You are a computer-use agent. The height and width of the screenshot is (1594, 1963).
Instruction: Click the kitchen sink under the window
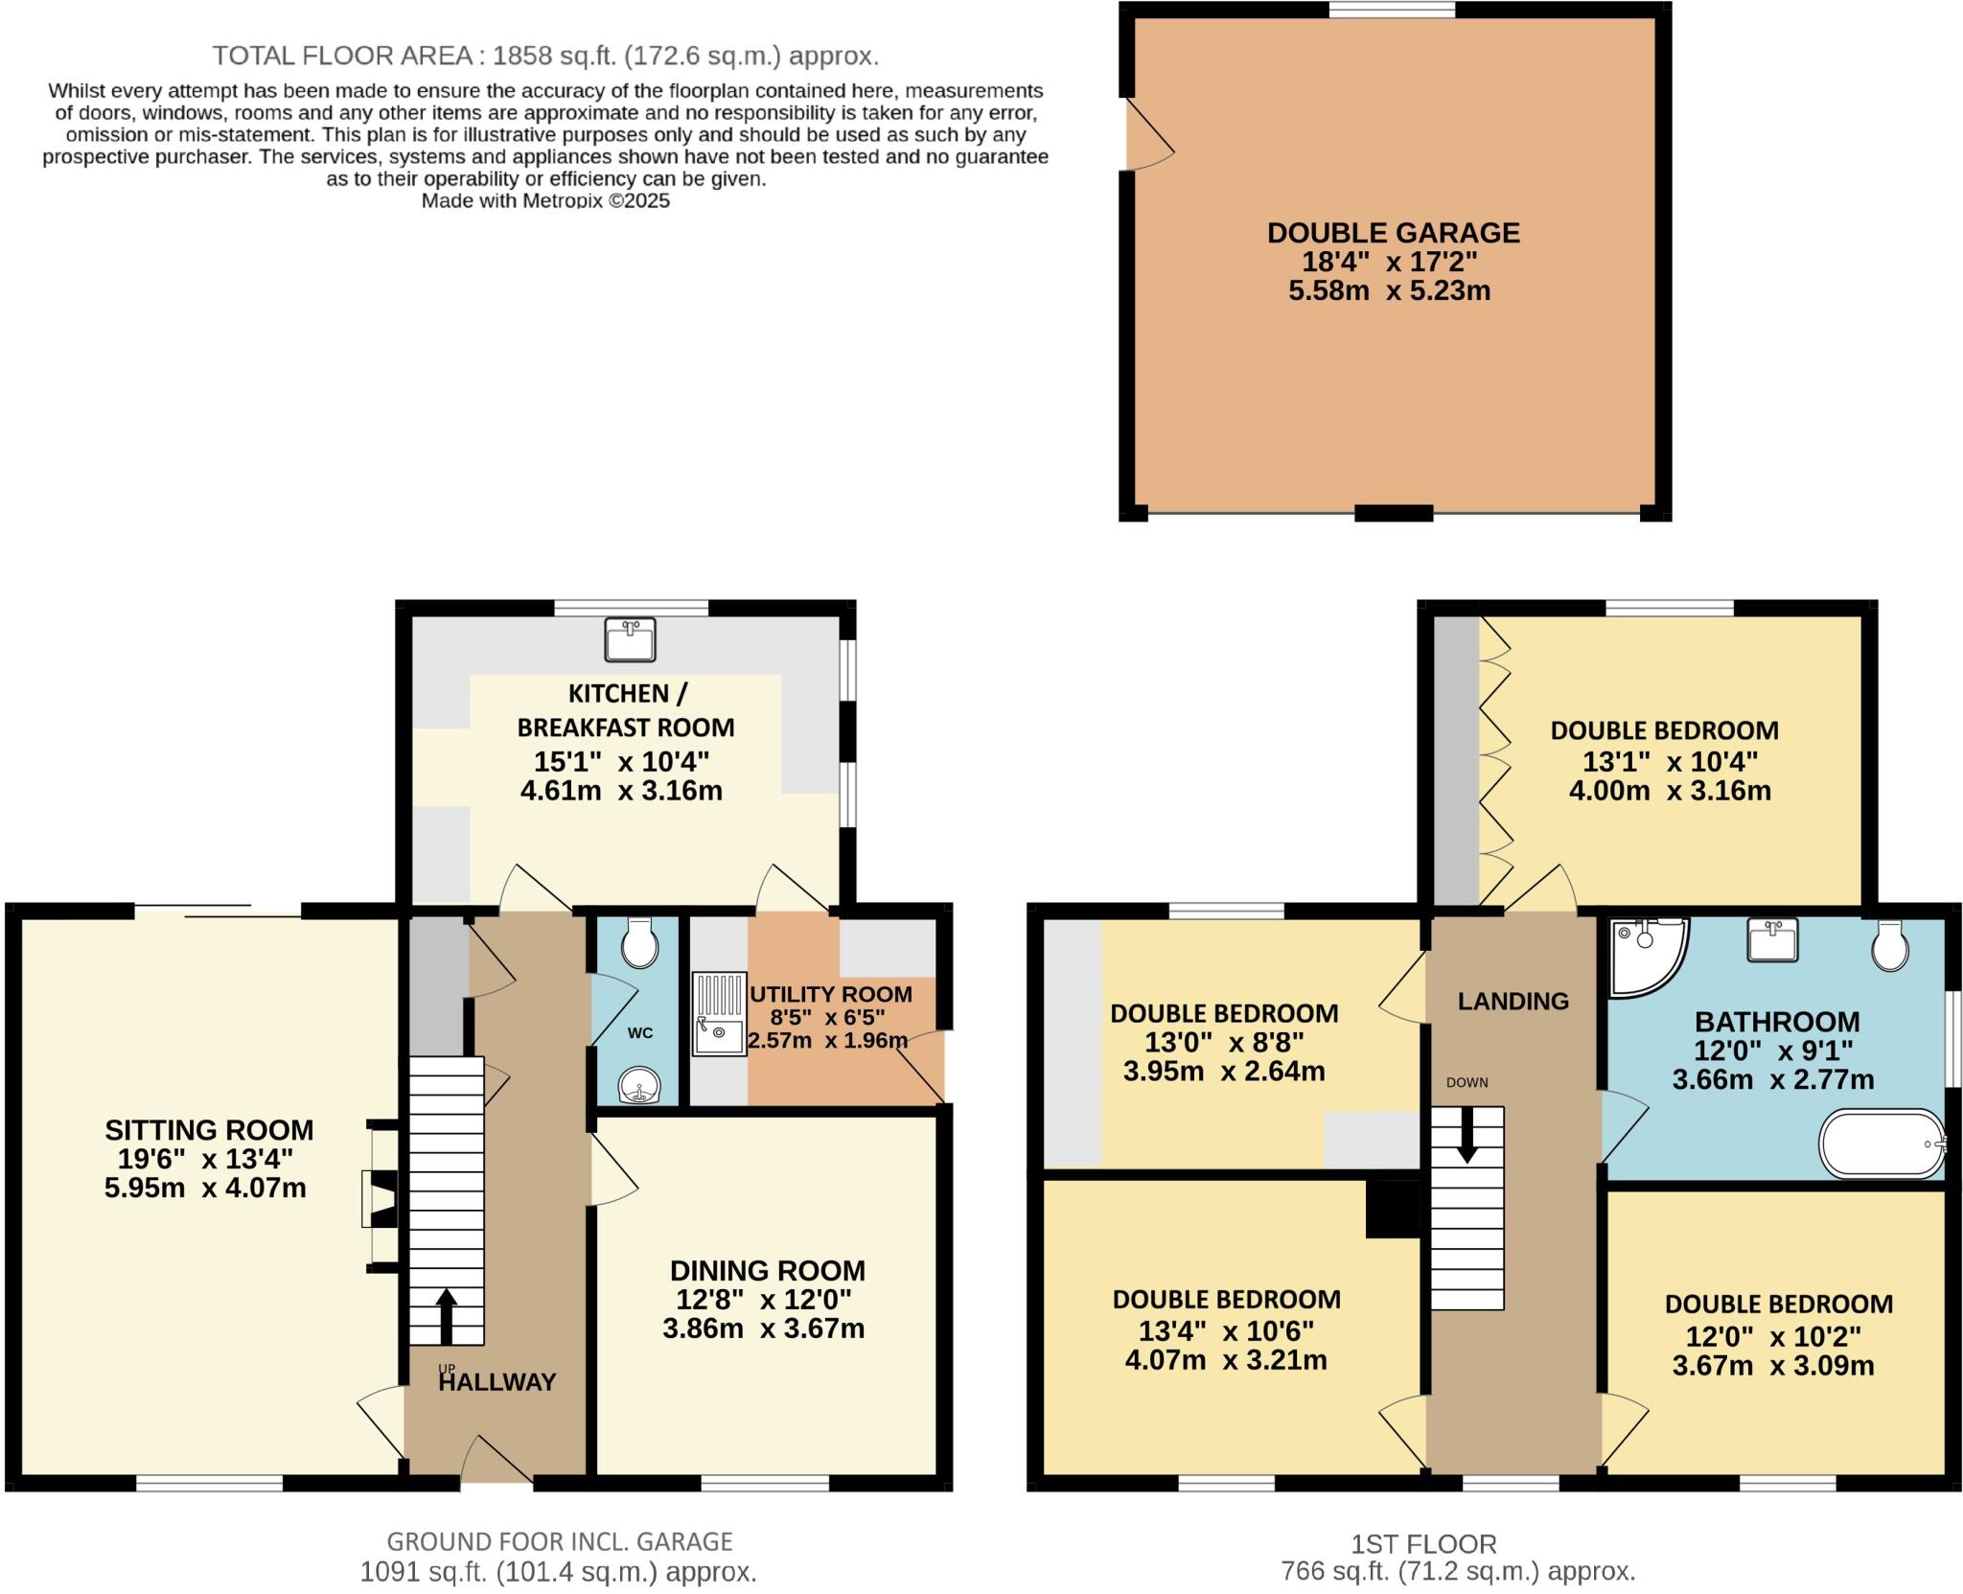[x=630, y=639]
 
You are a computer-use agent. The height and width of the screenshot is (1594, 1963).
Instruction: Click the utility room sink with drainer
[x=719, y=1014]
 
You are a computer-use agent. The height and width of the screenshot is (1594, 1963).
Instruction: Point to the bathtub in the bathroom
[x=1882, y=1144]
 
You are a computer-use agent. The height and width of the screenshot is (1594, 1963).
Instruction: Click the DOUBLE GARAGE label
[x=1393, y=233]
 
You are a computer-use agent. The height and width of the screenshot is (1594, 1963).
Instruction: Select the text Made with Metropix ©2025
[x=545, y=201]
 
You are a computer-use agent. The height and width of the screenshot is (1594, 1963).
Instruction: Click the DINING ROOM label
[x=767, y=1271]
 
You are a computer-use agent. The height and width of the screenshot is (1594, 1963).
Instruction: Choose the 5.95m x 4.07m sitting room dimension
[x=205, y=1189]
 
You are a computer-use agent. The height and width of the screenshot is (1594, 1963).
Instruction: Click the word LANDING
[x=1513, y=1002]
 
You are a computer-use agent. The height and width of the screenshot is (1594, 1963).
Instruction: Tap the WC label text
[x=640, y=1032]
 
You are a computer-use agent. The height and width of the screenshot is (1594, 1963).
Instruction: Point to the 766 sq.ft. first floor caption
[x=1458, y=1571]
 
